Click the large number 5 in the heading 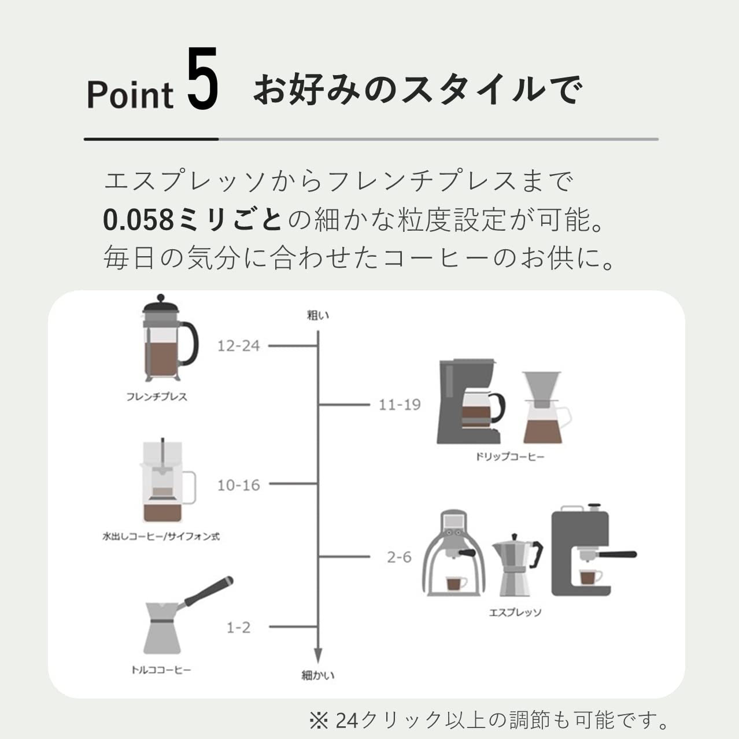point(203,80)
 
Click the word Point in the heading point(130,95)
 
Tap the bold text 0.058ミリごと point(193,220)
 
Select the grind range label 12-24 point(238,346)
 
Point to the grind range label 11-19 point(400,405)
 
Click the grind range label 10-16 point(238,485)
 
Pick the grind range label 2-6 point(400,557)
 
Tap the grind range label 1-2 point(238,627)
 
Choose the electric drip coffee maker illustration point(470,402)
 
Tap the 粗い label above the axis point(317,315)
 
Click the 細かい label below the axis point(317,675)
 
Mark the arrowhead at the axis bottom point(317,655)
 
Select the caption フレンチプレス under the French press point(157,397)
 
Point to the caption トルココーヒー point(161,670)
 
